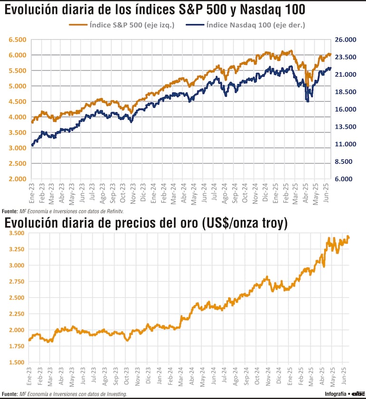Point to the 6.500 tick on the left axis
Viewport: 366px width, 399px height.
(16, 40)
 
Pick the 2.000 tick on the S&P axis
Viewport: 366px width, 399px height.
(16, 179)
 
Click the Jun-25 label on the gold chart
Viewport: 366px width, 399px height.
(346, 375)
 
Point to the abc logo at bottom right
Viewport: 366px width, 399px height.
(357, 393)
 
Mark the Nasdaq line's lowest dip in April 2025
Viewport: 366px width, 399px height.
(308, 101)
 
